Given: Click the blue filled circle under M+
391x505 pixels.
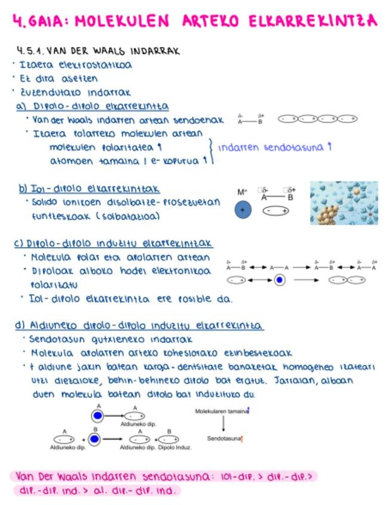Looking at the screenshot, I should pos(243,210).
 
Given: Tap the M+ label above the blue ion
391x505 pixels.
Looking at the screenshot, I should pos(242,192).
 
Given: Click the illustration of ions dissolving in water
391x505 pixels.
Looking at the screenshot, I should pos(344,203).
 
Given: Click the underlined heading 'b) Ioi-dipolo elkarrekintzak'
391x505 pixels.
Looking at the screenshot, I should pos(88,189).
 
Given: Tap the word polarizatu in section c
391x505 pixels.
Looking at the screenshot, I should pos(54,284).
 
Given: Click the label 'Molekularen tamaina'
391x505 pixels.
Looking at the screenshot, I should pos(221,410).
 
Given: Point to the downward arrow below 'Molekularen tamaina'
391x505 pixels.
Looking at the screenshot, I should pos(224,424).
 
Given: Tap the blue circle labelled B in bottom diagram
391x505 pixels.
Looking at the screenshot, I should pos(95,439).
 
